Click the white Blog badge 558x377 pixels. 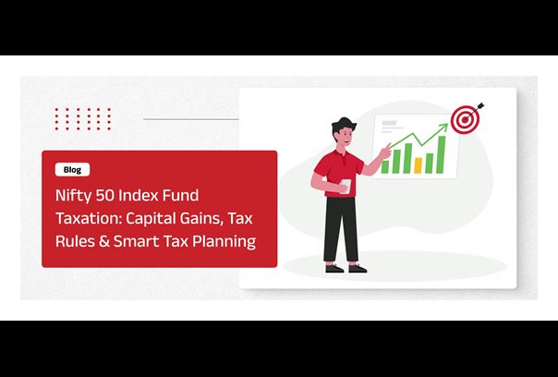[72, 170]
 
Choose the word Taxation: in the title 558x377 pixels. [89, 218]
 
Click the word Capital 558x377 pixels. [151, 219]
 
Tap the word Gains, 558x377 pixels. [201, 218]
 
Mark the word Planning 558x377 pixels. [224, 242]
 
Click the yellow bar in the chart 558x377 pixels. [418, 165]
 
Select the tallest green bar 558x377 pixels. [441, 154]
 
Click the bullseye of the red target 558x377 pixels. [465, 120]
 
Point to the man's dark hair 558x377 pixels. [344, 125]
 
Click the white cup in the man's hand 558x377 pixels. [346, 186]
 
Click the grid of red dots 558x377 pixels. [83, 119]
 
